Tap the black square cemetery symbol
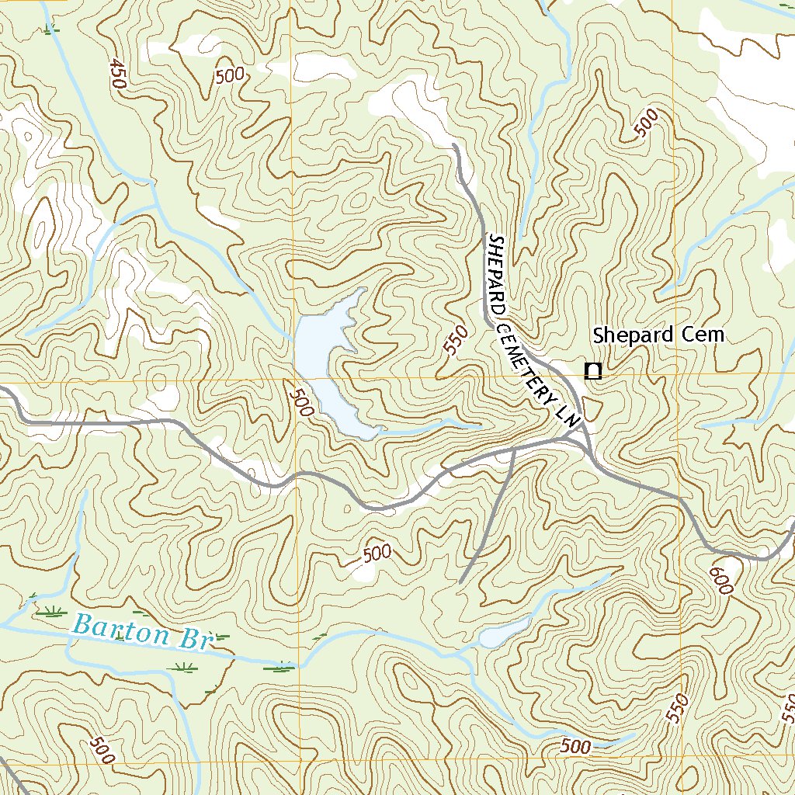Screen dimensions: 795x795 point(593,371)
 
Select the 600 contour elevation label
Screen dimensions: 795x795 point(720,579)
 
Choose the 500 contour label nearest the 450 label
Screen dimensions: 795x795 point(231,75)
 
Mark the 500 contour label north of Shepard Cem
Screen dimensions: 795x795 point(646,123)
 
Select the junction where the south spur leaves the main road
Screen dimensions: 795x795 point(515,448)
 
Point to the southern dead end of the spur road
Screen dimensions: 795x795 point(460,581)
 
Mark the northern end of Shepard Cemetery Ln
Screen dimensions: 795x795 point(453,145)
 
